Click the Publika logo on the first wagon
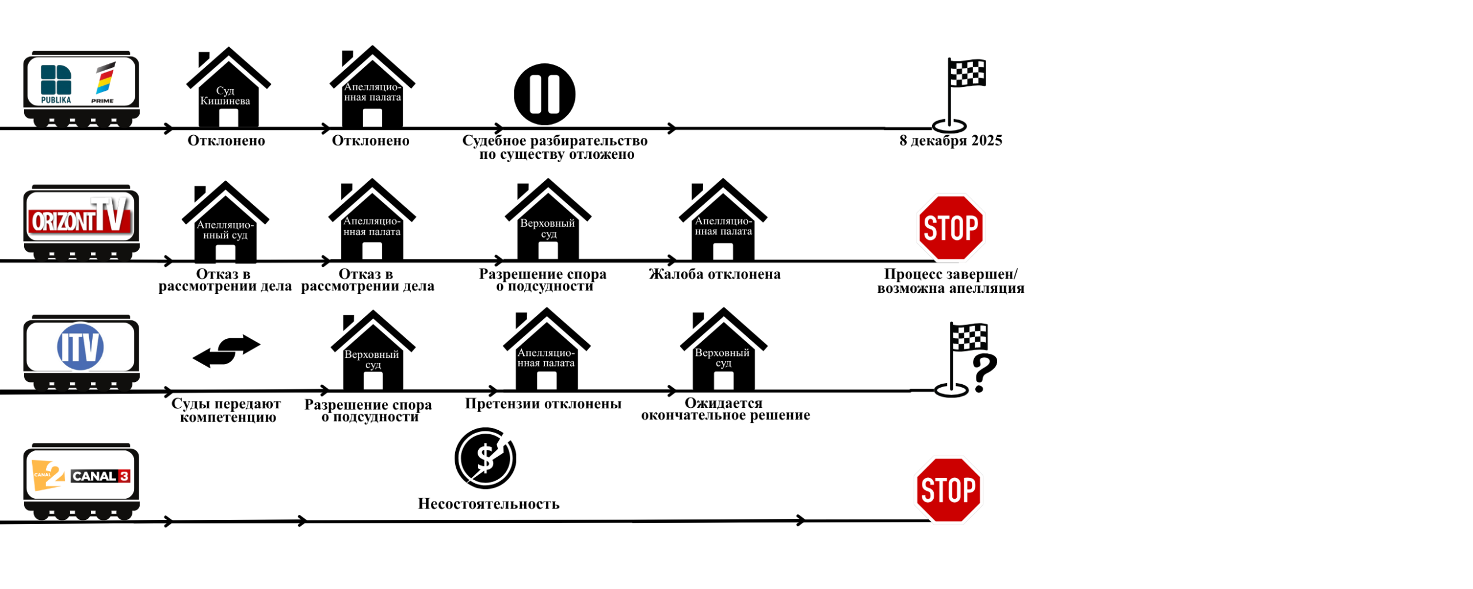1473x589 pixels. point(56,84)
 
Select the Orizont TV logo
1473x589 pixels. point(80,218)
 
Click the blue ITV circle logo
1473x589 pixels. point(80,346)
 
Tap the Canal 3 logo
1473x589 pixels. point(100,476)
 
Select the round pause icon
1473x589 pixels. point(544,94)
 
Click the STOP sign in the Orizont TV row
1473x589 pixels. point(951,228)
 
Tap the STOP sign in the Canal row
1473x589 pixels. point(948,489)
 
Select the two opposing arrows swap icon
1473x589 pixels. point(226,350)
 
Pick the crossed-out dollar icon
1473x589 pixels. point(485,458)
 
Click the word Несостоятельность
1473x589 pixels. point(488,504)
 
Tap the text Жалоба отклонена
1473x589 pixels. point(714,274)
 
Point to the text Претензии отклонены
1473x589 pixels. point(543,404)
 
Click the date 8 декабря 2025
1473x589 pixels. point(950,141)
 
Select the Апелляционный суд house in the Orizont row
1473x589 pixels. point(225,224)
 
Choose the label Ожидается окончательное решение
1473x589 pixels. point(725,409)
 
